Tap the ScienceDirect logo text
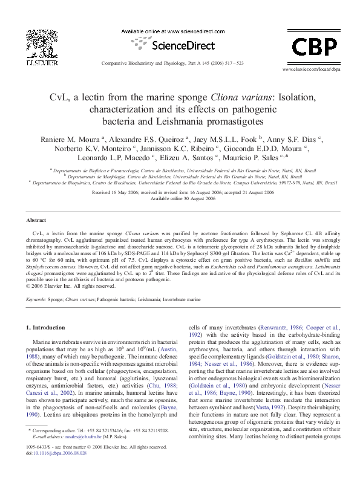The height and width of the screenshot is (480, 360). (173, 44)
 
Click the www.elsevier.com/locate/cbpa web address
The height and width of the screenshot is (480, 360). (309, 70)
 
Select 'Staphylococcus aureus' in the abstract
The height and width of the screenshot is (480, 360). (54, 264)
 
